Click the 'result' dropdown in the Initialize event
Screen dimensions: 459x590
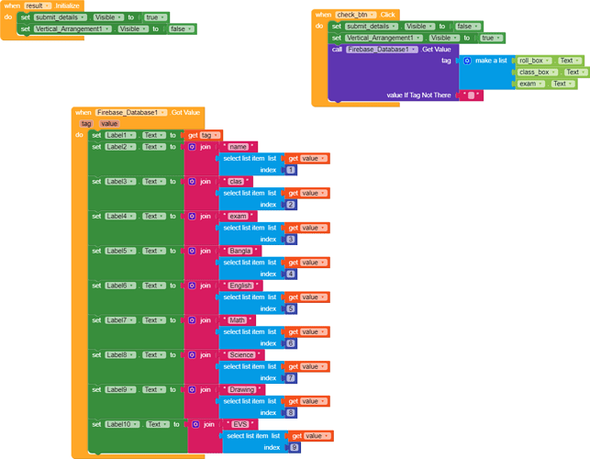click(x=36, y=6)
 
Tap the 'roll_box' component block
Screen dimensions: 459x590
click(x=533, y=60)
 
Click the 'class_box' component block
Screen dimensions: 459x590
click(x=536, y=72)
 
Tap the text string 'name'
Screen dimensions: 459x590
click(x=239, y=146)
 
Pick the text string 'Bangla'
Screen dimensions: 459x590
click(x=241, y=251)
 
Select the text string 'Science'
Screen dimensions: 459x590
click(x=243, y=354)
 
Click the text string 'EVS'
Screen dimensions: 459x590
click(x=241, y=424)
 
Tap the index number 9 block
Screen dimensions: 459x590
click(x=295, y=447)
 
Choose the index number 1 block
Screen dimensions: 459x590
click(x=291, y=170)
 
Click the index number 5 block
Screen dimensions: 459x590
click(x=291, y=308)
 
